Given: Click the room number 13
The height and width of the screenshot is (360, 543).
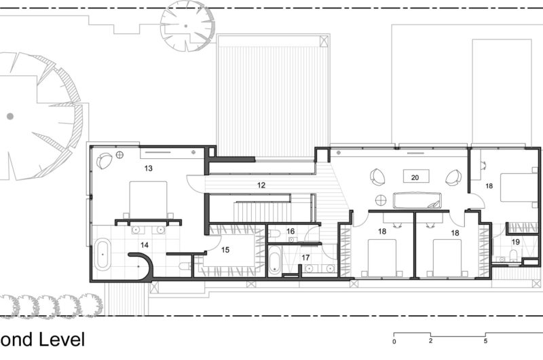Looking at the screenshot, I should tap(149, 167).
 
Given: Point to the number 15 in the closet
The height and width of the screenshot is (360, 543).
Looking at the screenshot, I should tap(225, 249).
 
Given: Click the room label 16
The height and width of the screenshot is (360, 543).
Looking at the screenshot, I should tap(291, 232).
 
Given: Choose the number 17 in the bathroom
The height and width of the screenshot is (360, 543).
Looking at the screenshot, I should tap(305, 257).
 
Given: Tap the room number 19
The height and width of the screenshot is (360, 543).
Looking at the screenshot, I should tap(515, 241).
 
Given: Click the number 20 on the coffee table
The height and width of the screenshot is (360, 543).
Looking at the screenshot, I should tap(415, 177).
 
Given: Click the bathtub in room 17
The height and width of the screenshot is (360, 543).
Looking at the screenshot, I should tap(274, 260).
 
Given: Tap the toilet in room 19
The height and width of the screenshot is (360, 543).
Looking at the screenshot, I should tap(513, 255).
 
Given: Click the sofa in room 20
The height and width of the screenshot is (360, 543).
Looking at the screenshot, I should tap(415, 200).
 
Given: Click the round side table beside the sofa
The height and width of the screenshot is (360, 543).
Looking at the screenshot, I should tap(381, 200).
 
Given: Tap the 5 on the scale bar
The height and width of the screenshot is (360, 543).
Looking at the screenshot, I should tap(485, 341).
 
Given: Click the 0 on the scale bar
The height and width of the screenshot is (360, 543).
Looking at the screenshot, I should tap(394, 341).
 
